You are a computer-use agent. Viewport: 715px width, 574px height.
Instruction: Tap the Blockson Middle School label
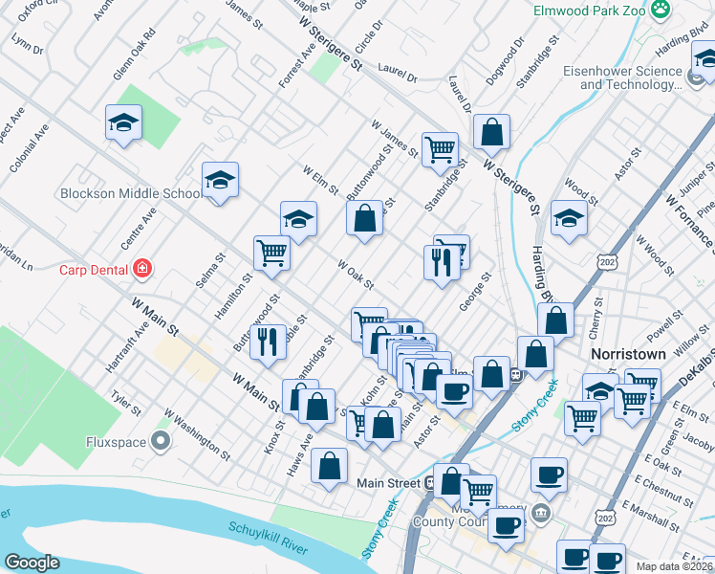(x=131, y=193)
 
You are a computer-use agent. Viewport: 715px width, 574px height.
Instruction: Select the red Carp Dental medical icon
(x=142, y=269)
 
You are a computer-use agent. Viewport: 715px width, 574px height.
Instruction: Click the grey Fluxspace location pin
(x=161, y=441)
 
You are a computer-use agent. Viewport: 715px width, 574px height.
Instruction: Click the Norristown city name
(x=627, y=353)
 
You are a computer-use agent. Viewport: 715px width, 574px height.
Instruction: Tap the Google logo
(x=32, y=563)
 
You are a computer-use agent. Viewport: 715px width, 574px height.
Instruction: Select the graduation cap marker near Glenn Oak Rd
(x=123, y=123)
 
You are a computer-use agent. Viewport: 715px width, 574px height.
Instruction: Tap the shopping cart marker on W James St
(x=440, y=148)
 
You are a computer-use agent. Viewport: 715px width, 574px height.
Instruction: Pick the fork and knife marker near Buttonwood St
(x=269, y=341)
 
